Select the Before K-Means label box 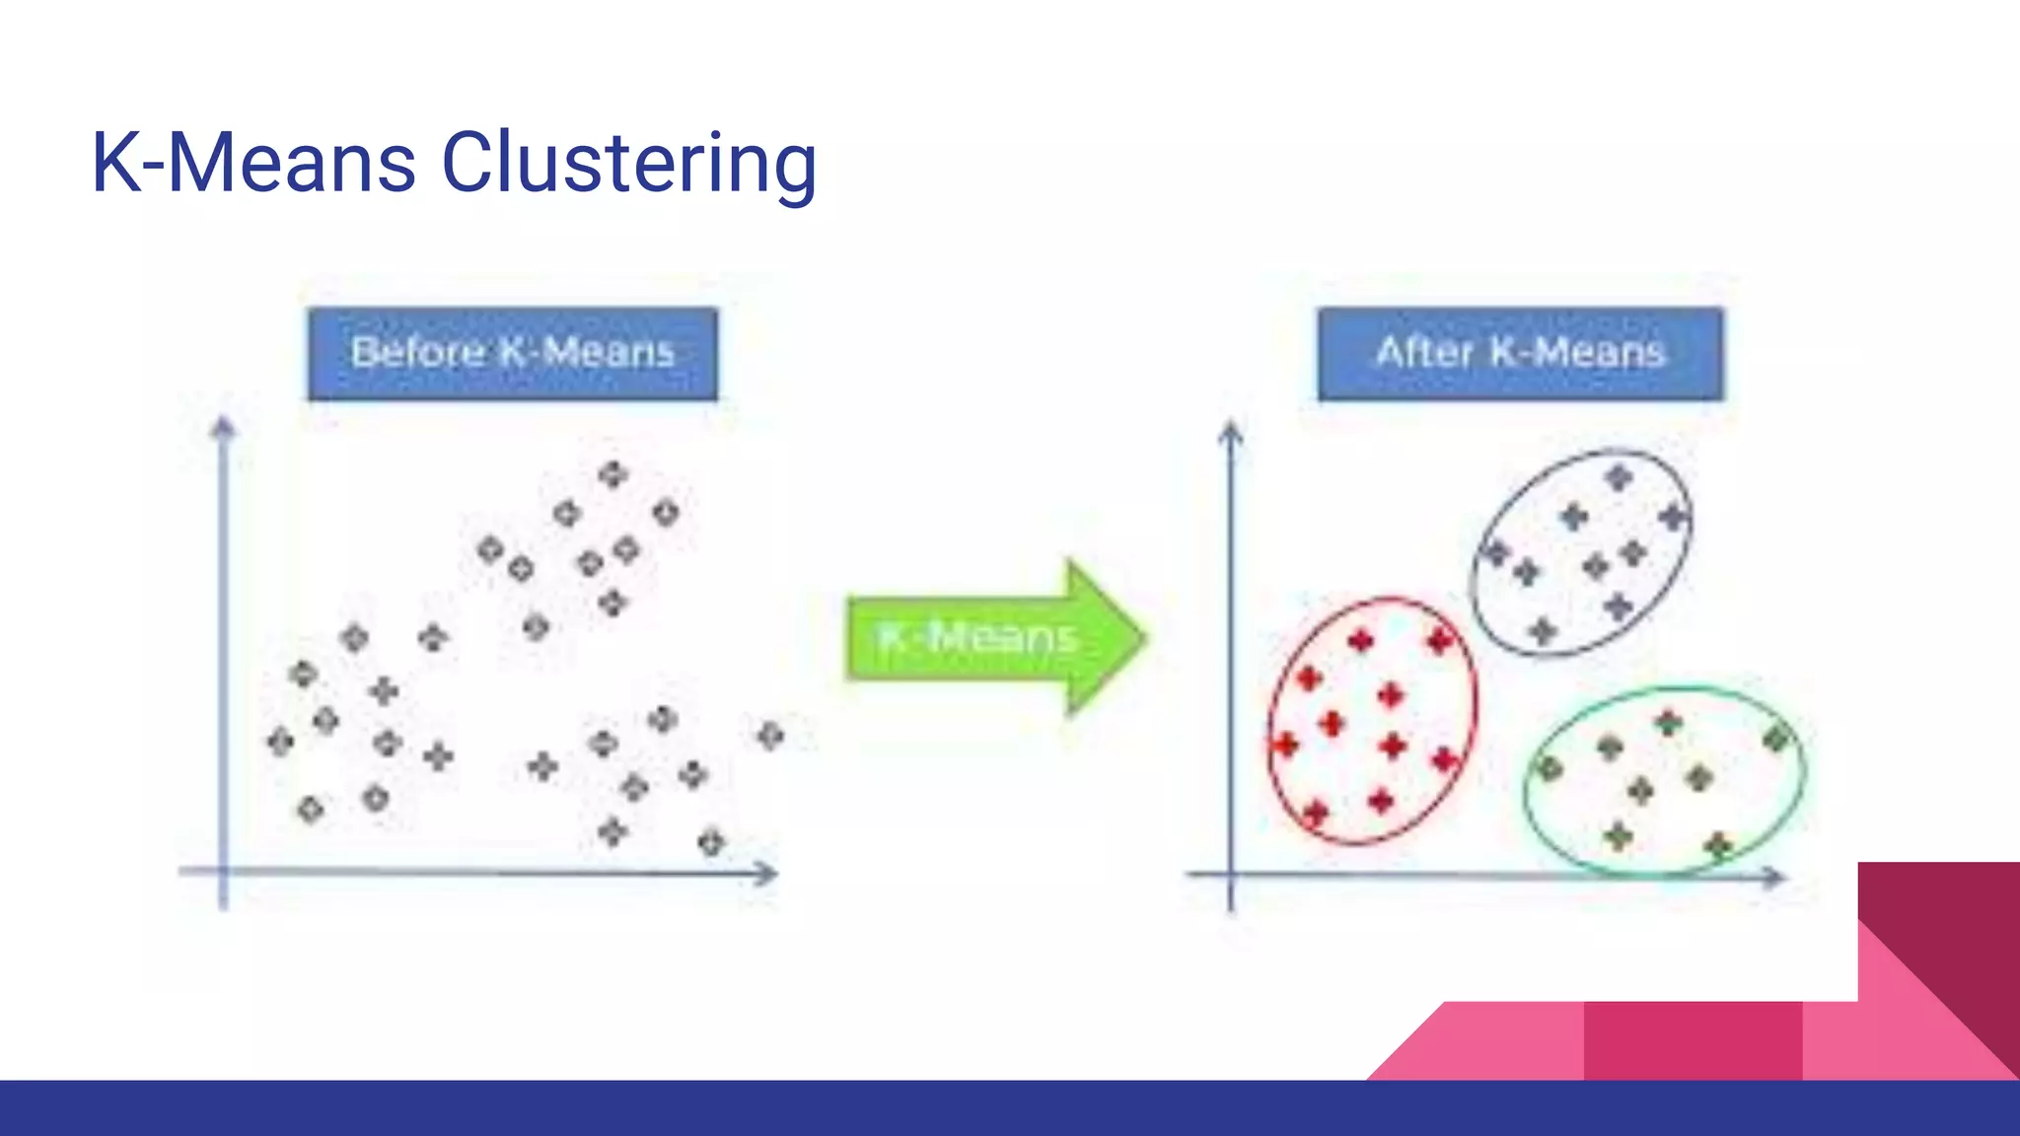tap(512, 353)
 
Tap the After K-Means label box tap(1520, 353)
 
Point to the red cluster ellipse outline tap(1271, 720)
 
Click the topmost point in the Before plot tap(613, 474)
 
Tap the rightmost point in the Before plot tap(770, 735)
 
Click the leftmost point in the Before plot tap(280, 741)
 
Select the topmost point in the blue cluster tap(1619, 478)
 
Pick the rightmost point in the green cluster tap(1775, 738)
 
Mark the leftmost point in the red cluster tap(1285, 744)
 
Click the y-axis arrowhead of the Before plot tap(223, 427)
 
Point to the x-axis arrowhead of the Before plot tap(766, 873)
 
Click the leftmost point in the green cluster tap(1550, 767)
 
